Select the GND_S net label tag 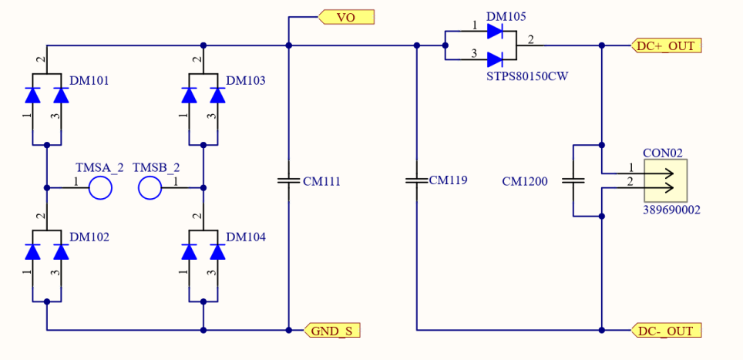[x=332, y=331]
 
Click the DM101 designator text [x=89, y=80]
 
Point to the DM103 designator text [x=245, y=80]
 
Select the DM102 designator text [x=89, y=237]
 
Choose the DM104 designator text [x=245, y=237]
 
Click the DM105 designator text [x=506, y=16]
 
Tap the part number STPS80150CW [x=527, y=76]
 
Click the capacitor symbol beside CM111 [x=287, y=181]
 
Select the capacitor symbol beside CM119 [x=416, y=181]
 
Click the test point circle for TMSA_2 [x=100, y=187]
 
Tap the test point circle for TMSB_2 [x=150, y=187]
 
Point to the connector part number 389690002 [x=671, y=209]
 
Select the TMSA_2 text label [x=99, y=167]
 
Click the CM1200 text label [x=524, y=183]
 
